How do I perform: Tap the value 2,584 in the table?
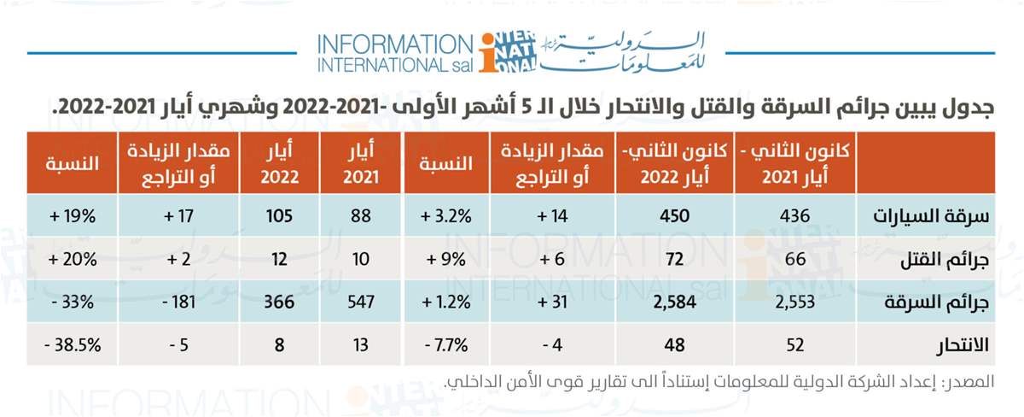[668, 302]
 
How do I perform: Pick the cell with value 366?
[277, 302]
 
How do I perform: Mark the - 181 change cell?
[175, 302]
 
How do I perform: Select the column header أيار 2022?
[277, 162]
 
